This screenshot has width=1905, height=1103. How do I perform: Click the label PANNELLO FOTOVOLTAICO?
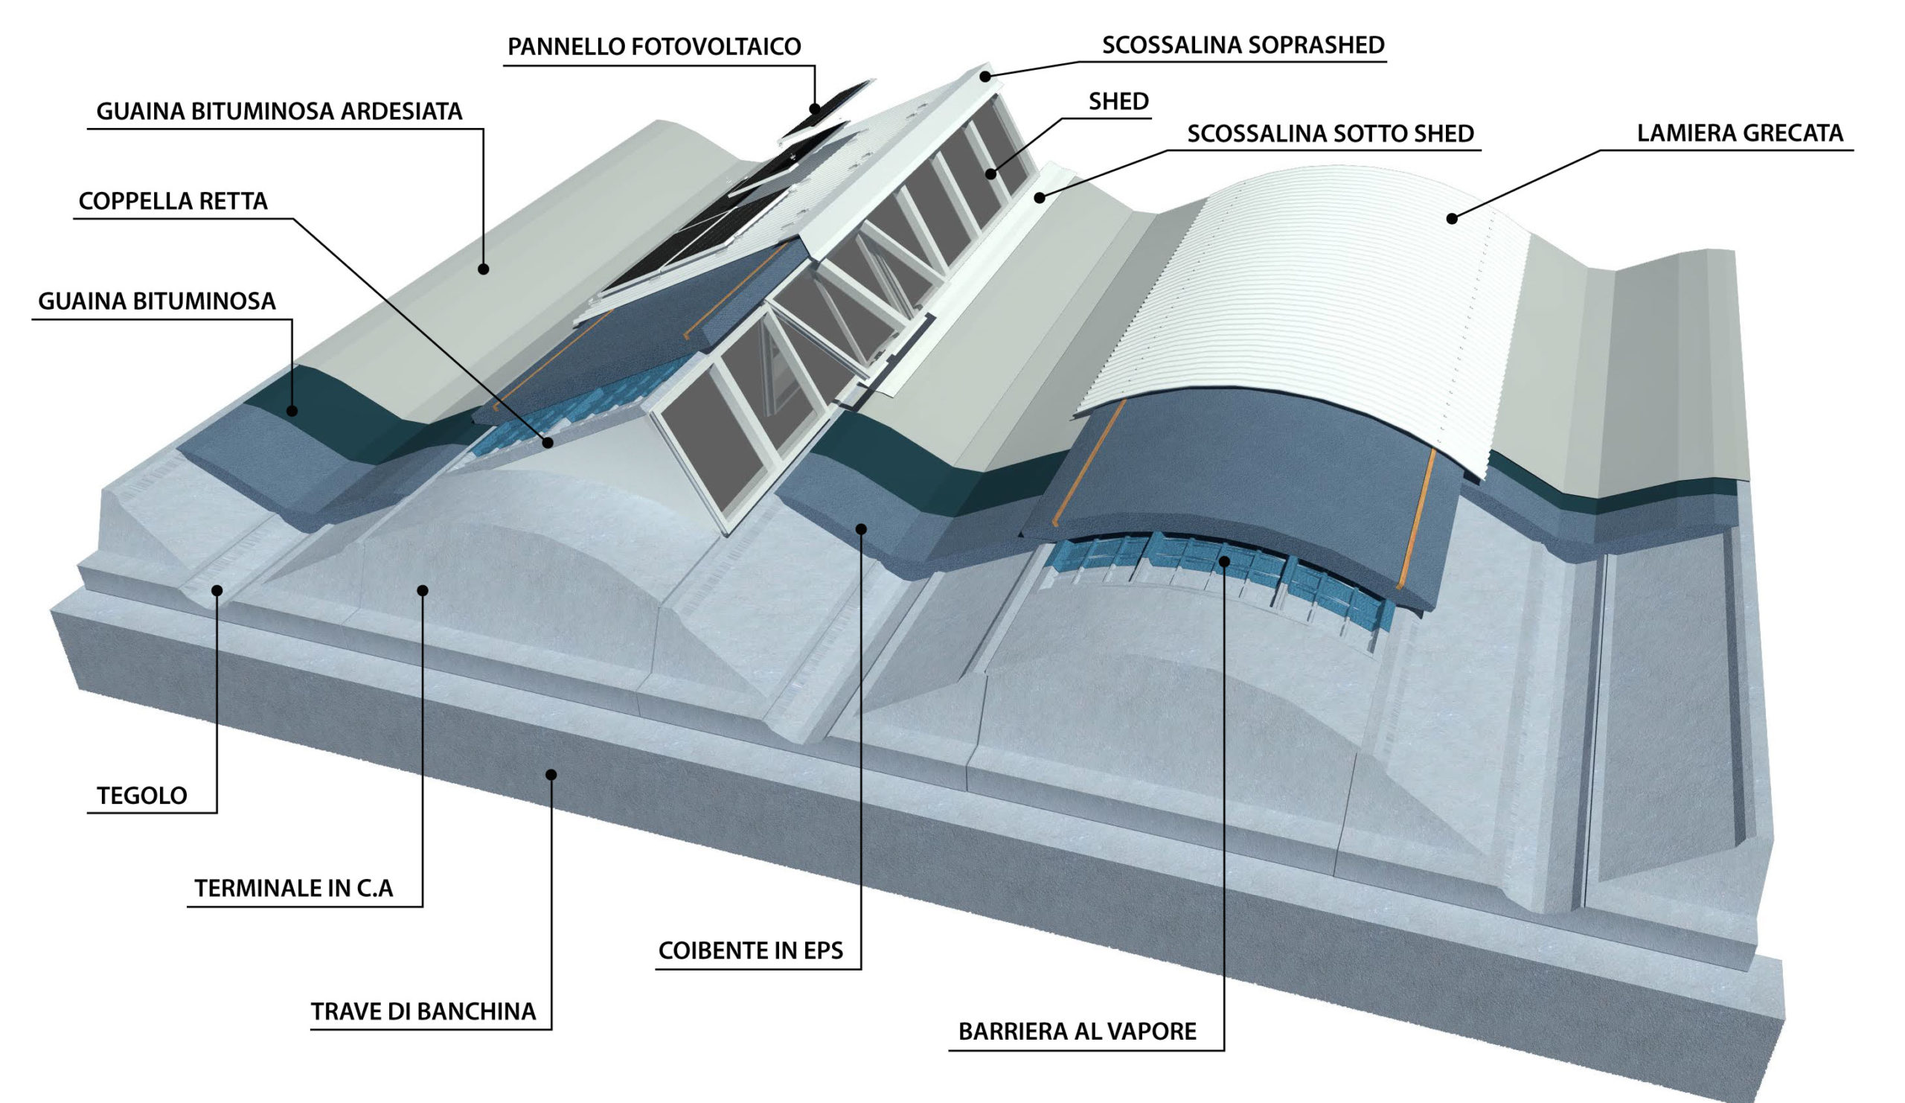coord(654,47)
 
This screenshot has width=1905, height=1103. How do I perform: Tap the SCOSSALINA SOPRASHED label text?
coord(1243,45)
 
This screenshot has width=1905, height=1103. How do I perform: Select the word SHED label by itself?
coord(1118,101)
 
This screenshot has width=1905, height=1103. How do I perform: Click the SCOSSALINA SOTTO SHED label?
coord(1330,134)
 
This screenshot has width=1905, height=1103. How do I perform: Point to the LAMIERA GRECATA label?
coord(1740,133)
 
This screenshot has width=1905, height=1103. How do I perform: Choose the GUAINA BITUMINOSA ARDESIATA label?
coord(279,112)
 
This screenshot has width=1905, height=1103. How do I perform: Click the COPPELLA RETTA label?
coord(173,201)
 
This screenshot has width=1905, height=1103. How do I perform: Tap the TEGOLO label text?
coord(142,796)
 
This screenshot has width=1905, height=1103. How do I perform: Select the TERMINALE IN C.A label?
coord(294,889)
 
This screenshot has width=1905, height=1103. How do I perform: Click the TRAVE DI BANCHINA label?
coord(423,1011)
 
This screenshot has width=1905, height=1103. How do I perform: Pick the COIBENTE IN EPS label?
coord(750,950)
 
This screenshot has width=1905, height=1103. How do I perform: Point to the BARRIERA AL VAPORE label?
coord(1078,1032)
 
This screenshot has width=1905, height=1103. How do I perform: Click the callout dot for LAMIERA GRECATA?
coord(1451,219)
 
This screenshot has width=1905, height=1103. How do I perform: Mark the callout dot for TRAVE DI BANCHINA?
coord(551,774)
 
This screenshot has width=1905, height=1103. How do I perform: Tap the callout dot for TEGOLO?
coord(217,590)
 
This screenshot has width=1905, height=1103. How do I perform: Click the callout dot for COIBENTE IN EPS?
coord(861,528)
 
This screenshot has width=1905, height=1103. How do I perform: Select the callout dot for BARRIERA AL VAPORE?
coord(1224,561)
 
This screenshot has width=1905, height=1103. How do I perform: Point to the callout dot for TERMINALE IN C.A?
coord(423,589)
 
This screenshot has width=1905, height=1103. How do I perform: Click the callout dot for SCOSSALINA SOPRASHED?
coord(985,77)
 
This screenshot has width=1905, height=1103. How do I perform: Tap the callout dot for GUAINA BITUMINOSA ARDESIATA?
coord(484,268)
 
